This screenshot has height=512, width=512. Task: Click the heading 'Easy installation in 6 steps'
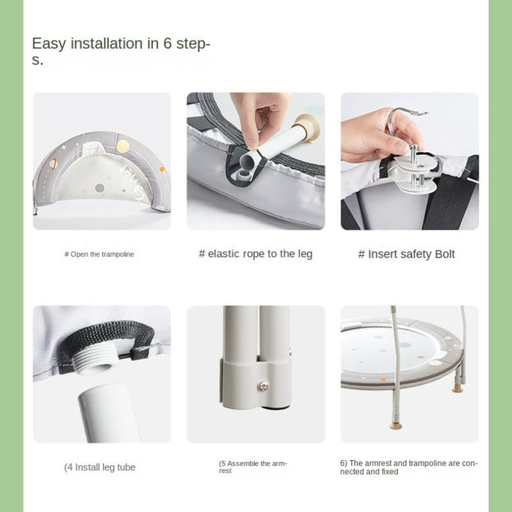click(x=121, y=51)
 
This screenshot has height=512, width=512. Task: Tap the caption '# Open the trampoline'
click(x=99, y=254)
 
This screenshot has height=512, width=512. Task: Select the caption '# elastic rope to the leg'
click(x=256, y=254)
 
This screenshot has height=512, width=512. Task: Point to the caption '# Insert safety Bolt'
click(x=406, y=254)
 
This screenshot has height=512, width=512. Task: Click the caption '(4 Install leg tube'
click(x=99, y=467)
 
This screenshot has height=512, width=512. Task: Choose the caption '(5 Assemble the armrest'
click(x=252, y=467)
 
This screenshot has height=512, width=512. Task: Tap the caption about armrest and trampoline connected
click(x=408, y=467)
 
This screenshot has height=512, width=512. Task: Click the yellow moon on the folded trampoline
click(x=123, y=146)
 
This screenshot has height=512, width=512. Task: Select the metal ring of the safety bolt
click(x=396, y=121)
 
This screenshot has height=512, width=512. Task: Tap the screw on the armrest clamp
click(x=263, y=386)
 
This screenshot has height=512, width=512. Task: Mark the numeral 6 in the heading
click(x=167, y=43)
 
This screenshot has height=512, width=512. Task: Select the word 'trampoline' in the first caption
click(x=117, y=254)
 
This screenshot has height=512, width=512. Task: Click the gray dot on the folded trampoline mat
click(x=99, y=188)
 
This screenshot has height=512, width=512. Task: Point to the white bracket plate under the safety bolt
click(x=416, y=173)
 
